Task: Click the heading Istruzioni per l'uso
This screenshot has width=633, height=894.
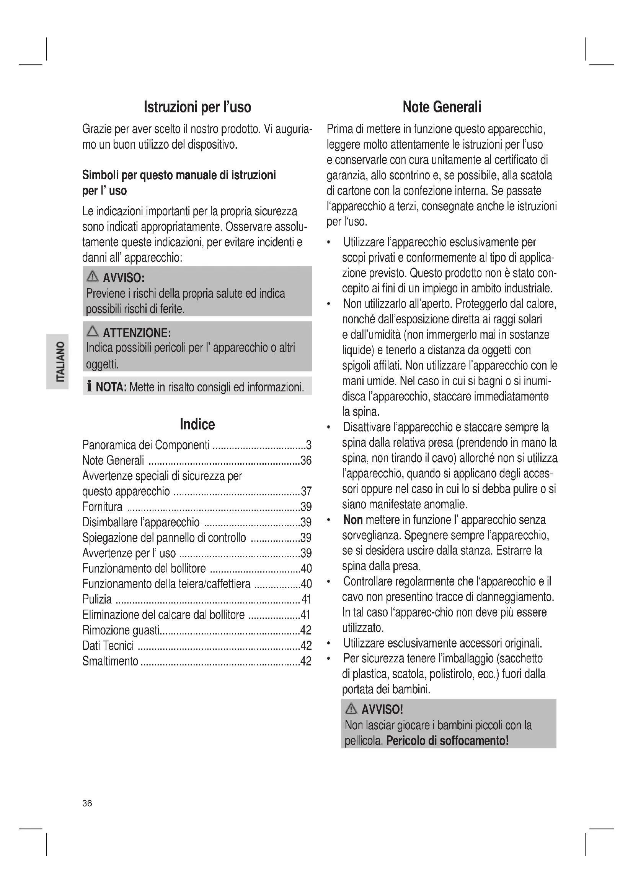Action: [x=197, y=107]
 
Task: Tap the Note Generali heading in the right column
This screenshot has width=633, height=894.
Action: [x=442, y=107]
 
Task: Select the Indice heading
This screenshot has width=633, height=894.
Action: [x=197, y=424]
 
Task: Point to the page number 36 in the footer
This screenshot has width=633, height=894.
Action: [x=87, y=803]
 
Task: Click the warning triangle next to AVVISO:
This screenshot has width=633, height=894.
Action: [x=93, y=276]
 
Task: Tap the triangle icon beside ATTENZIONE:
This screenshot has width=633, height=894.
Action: [x=93, y=331]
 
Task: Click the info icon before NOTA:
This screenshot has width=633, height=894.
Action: [x=90, y=387]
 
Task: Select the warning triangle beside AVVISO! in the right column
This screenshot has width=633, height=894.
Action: [x=351, y=709]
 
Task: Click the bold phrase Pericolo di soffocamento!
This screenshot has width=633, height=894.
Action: [x=447, y=740]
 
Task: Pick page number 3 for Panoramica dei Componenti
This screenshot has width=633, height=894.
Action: [x=309, y=445]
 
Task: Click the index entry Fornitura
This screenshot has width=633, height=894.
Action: [x=102, y=507]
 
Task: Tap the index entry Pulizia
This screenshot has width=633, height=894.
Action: [x=97, y=599]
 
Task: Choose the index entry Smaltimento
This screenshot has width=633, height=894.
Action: [x=110, y=661]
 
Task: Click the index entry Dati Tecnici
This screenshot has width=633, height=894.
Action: [x=108, y=646]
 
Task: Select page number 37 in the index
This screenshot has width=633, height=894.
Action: [x=306, y=492]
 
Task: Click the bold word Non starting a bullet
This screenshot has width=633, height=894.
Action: [x=353, y=520]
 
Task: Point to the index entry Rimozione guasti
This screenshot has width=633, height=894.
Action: [x=121, y=630]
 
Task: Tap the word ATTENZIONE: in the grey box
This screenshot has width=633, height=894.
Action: [x=137, y=333]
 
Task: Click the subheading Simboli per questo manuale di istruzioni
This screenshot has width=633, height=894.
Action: [x=179, y=175]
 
